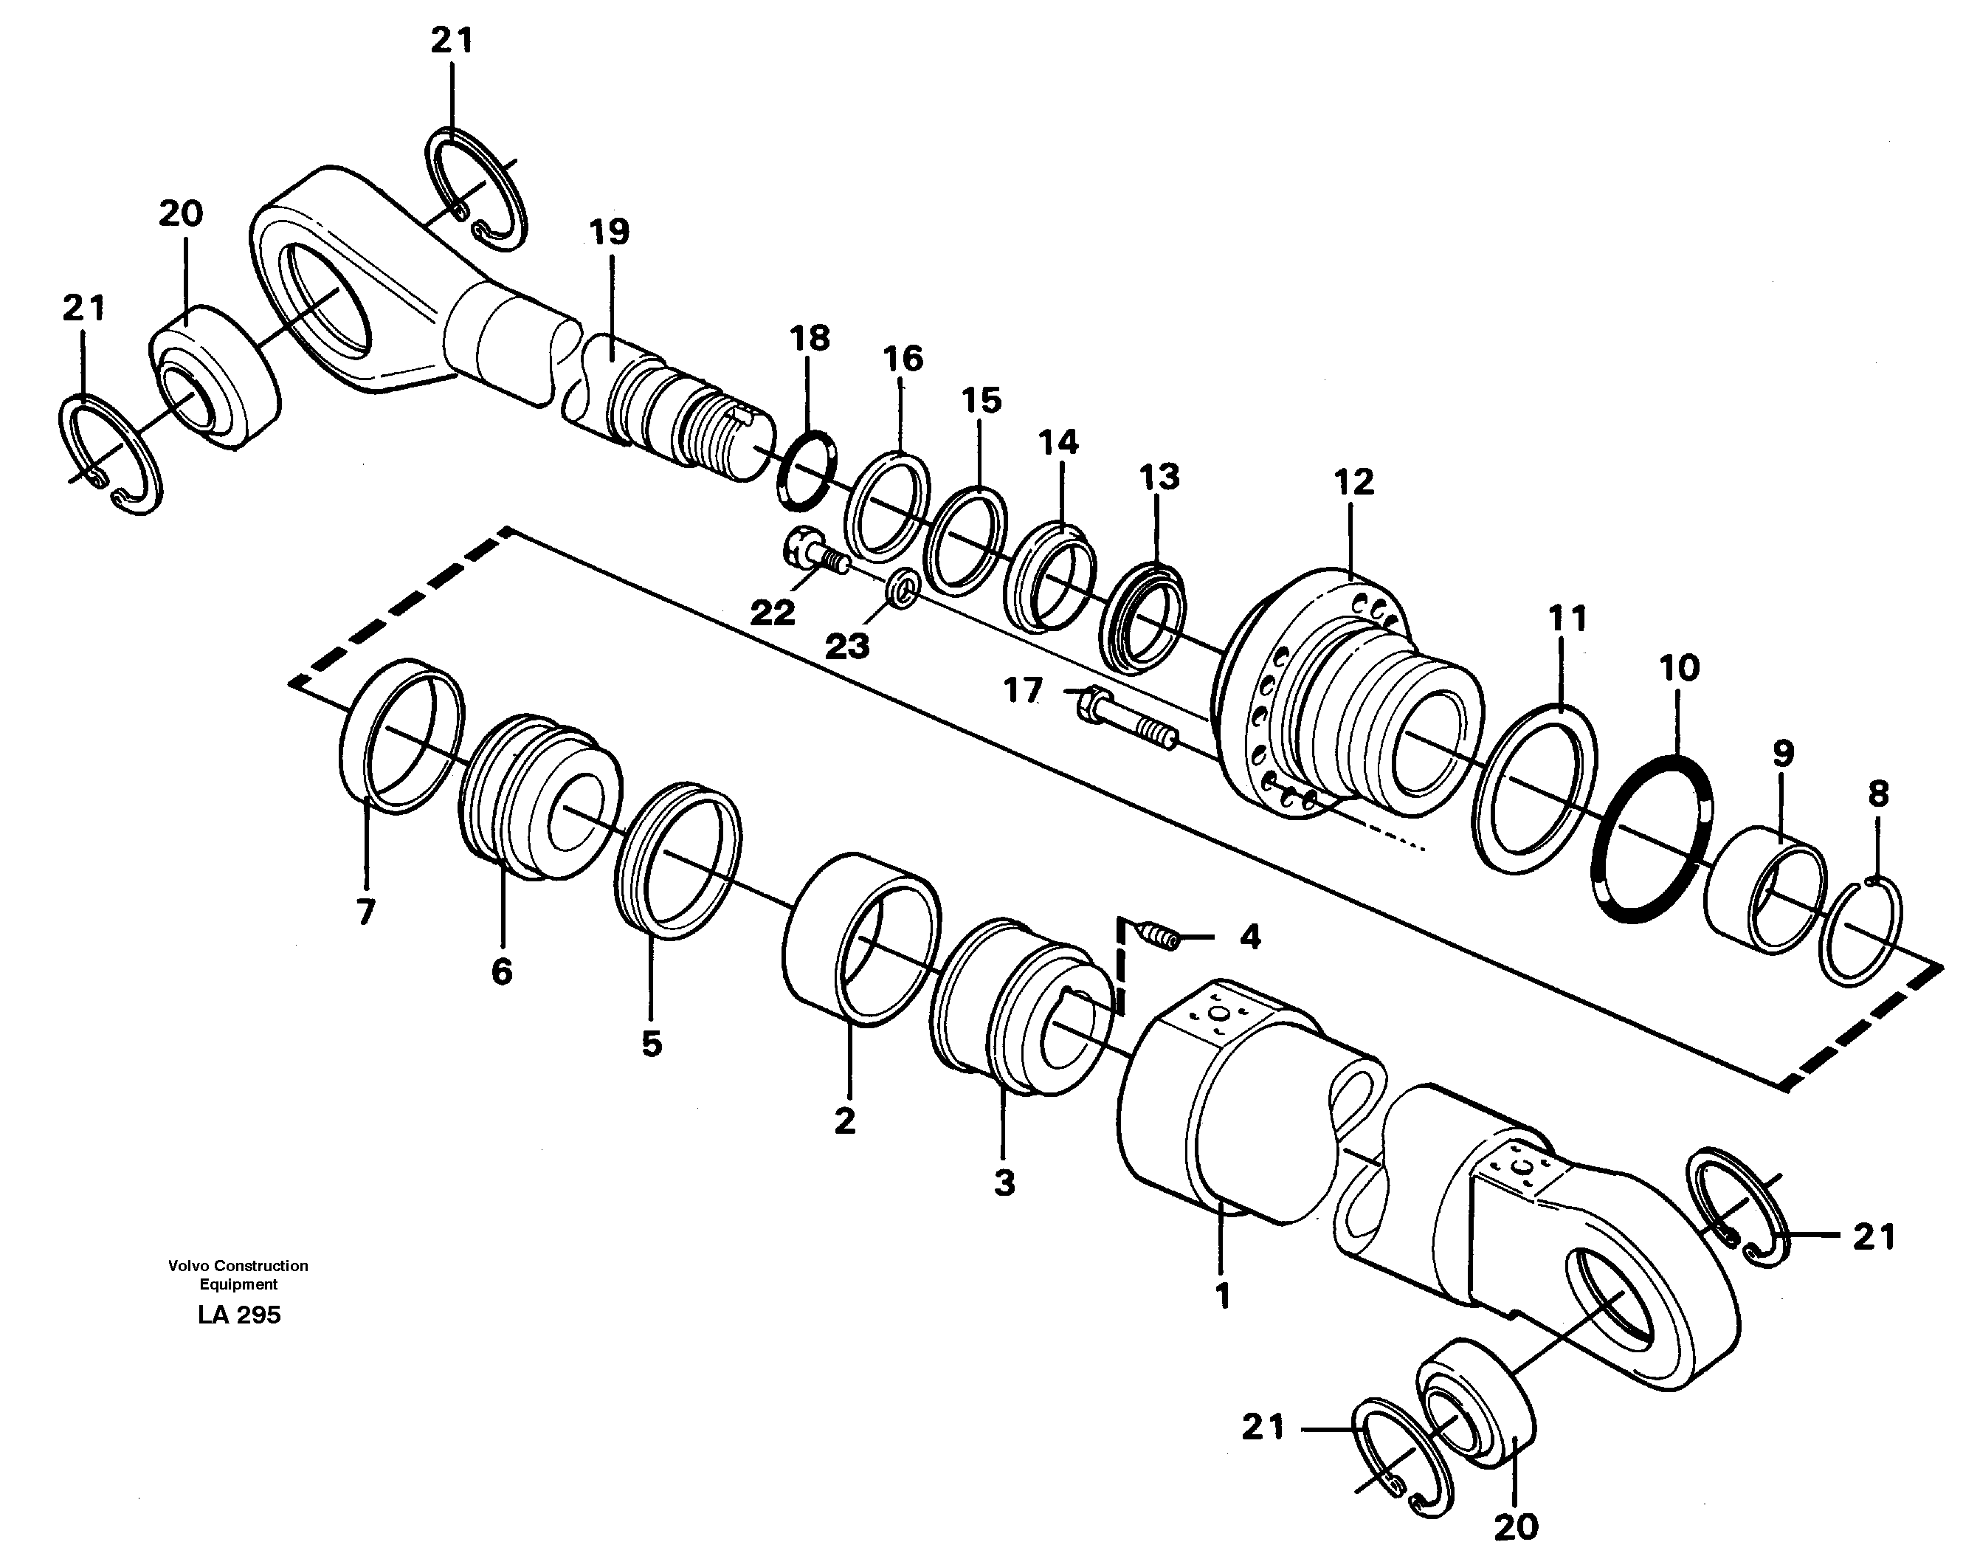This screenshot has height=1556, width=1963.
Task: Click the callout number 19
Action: [x=609, y=233]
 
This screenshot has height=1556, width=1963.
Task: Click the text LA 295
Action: [x=238, y=1315]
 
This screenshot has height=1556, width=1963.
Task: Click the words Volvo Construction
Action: [x=238, y=1266]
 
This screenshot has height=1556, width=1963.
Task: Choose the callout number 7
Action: [x=365, y=912]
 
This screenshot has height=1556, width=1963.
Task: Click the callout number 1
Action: [x=1222, y=1295]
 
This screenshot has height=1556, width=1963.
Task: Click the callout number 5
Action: [x=651, y=1044]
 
